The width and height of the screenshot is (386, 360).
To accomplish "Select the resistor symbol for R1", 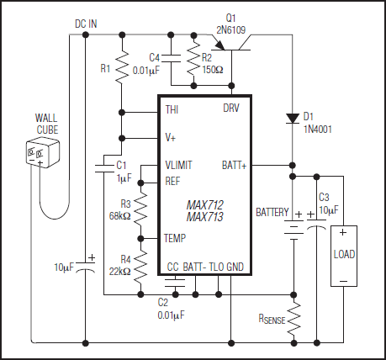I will (x=122, y=66).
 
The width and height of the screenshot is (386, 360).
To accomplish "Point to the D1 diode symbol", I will (x=292, y=118).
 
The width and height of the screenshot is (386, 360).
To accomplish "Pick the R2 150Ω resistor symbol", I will (x=194, y=61).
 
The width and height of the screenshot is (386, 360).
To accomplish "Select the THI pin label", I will (x=172, y=109).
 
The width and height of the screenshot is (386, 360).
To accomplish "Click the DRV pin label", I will (x=230, y=109).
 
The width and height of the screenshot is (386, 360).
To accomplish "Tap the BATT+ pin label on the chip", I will (x=233, y=164).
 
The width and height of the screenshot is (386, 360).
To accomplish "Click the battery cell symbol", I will (x=292, y=226).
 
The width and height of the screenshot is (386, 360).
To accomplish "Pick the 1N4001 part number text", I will (x=317, y=127).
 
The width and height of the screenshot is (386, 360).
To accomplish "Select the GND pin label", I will (x=235, y=267).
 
